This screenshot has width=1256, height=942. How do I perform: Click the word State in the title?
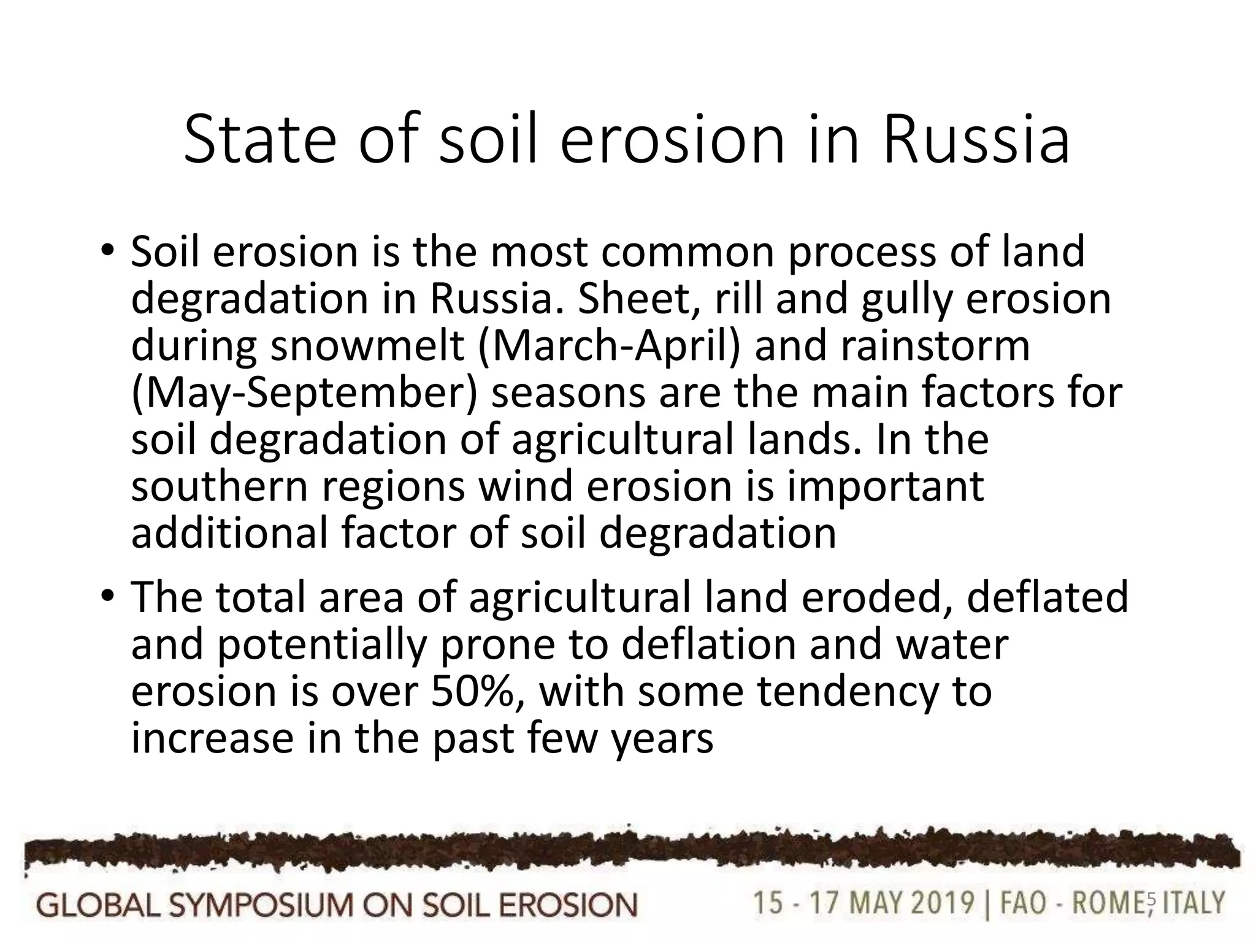[259, 140]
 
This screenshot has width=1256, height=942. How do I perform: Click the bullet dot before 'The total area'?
[109, 596]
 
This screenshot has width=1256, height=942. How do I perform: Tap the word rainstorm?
[935, 346]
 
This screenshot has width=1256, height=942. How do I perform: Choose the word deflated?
[1047, 597]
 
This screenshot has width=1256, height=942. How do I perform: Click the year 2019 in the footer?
[940, 903]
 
